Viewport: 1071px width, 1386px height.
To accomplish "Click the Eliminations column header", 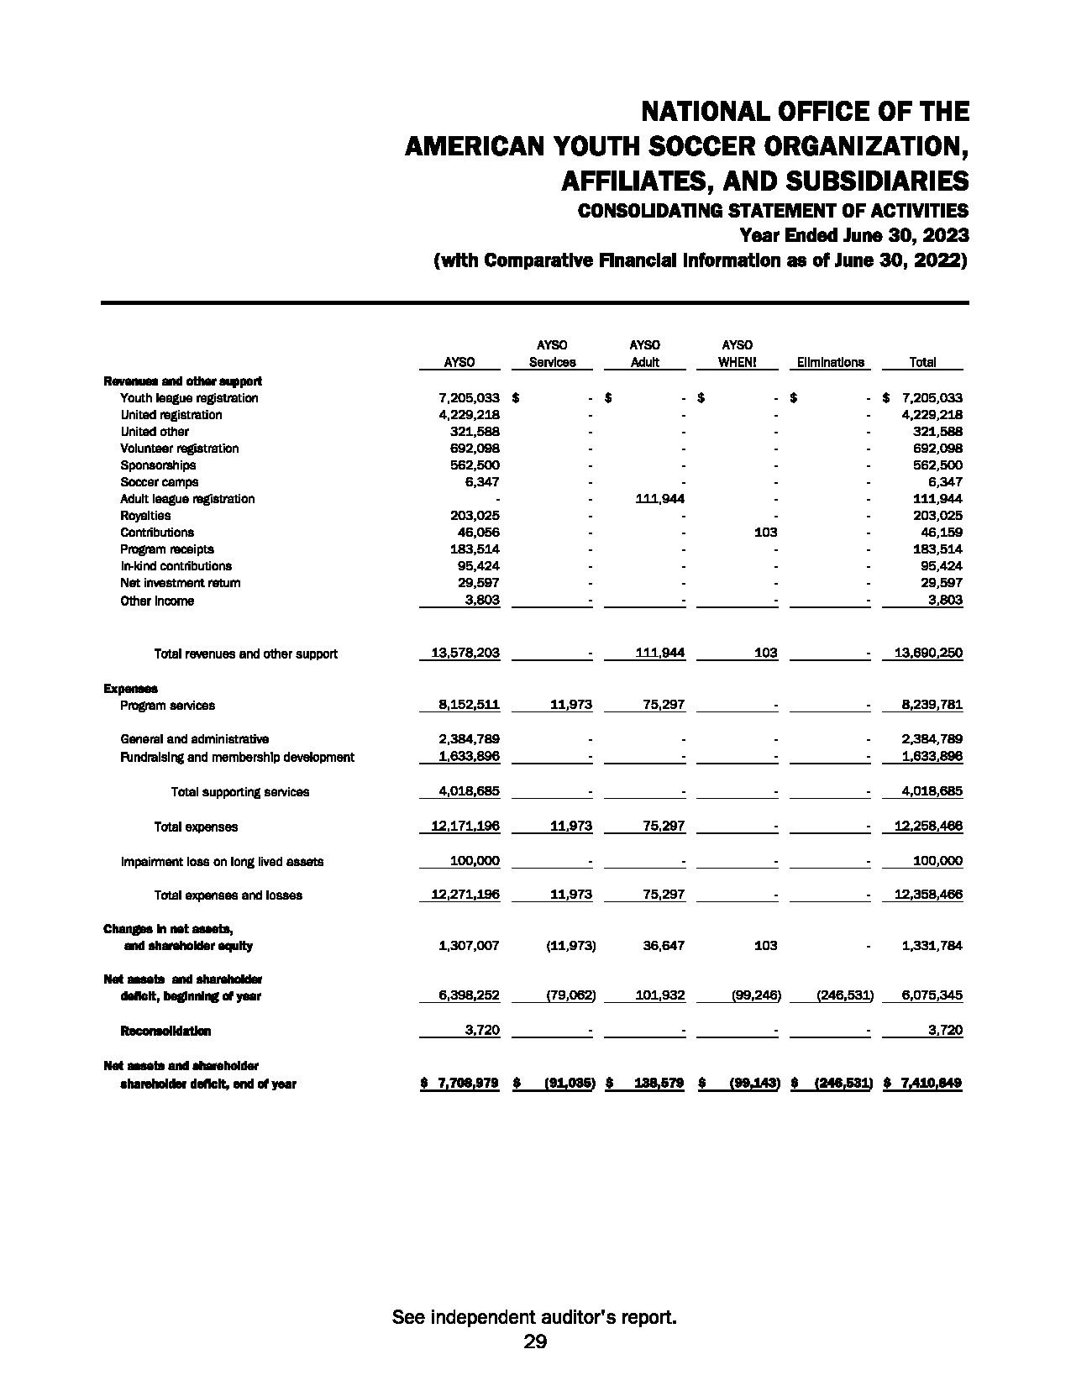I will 830,362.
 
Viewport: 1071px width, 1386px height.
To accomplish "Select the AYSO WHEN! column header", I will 737,362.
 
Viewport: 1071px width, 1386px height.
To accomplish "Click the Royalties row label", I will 145,516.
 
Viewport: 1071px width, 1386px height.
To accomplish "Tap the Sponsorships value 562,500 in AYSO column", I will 475,465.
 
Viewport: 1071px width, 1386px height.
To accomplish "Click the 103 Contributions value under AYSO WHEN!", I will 765,533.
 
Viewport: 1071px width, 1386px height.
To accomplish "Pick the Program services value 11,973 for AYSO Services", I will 570,706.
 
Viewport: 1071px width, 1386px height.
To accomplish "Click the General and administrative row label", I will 195,739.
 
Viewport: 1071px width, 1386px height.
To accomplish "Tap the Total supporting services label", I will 240,792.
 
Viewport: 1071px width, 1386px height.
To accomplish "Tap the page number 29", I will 535,1341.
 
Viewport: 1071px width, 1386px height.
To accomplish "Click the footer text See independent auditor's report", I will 535,1317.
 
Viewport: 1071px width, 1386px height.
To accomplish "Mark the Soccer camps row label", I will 160,482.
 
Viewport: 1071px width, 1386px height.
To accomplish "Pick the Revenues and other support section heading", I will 182,381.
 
